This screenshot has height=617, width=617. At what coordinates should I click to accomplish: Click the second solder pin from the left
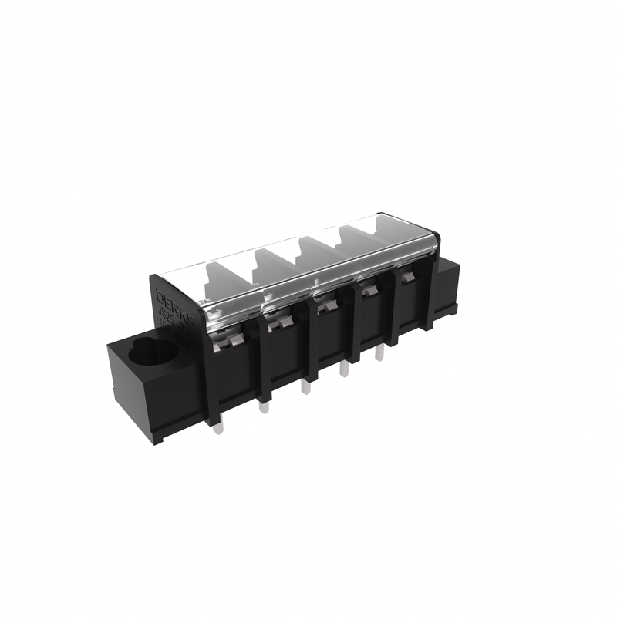pos(264,403)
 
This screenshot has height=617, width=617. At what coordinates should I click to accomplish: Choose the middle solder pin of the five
pos(306,385)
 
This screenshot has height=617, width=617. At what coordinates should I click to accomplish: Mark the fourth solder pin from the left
pos(344,369)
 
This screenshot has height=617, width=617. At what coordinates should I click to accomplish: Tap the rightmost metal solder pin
pos(379,354)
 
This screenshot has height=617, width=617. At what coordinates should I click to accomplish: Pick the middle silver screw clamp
pos(327,306)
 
